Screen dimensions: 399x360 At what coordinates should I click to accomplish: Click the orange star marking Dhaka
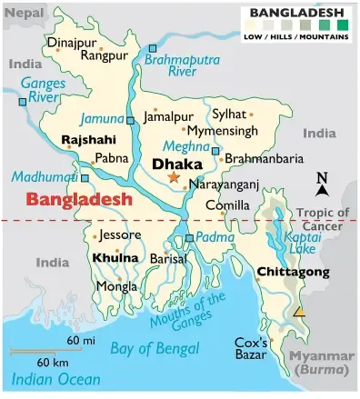pyautogui.click(x=175, y=178)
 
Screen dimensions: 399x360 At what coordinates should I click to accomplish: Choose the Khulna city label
pyautogui.click(x=115, y=258)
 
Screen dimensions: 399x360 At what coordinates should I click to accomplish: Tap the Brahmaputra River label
pyautogui.click(x=182, y=64)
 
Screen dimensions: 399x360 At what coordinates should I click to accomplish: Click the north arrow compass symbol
pyautogui.click(x=321, y=185)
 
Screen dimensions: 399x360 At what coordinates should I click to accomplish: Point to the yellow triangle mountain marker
pyautogui.click(x=300, y=313)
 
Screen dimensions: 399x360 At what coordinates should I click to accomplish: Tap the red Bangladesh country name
pyautogui.click(x=79, y=198)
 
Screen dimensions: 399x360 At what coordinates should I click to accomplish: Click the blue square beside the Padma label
pyautogui.click(x=189, y=238)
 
